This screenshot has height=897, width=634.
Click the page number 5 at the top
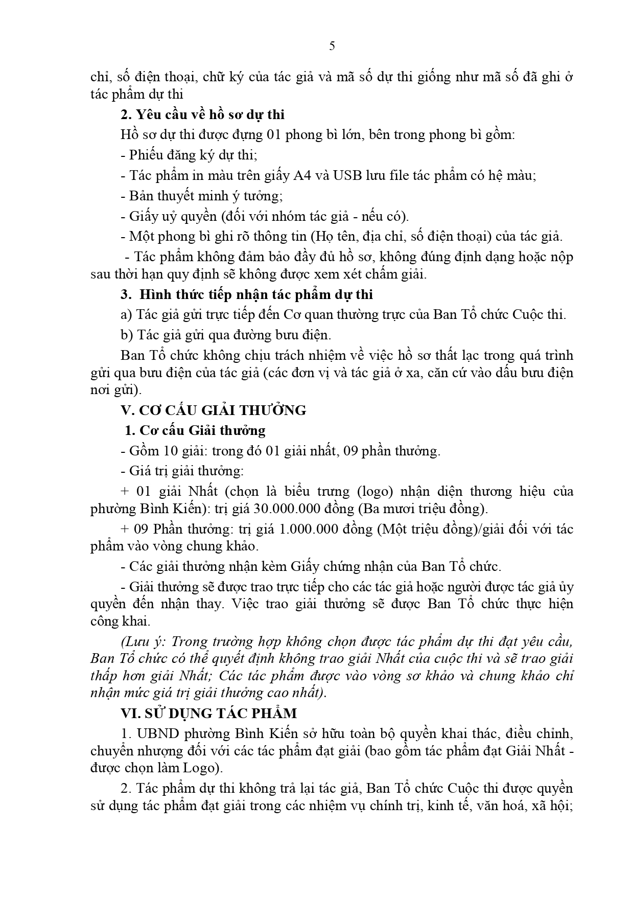[332, 47]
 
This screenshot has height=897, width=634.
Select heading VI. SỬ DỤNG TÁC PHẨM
[208, 713]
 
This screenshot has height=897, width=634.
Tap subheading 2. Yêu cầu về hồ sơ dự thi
[203, 114]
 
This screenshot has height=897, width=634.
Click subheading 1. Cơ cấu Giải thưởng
[196, 430]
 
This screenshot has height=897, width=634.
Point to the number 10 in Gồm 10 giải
[171, 451]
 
